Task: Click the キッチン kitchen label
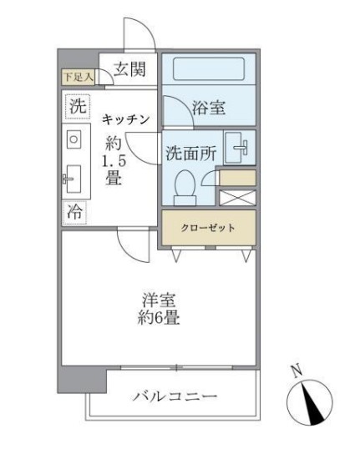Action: coord(125,119)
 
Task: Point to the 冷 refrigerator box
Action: coord(75,212)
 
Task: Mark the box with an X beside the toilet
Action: coord(236,199)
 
